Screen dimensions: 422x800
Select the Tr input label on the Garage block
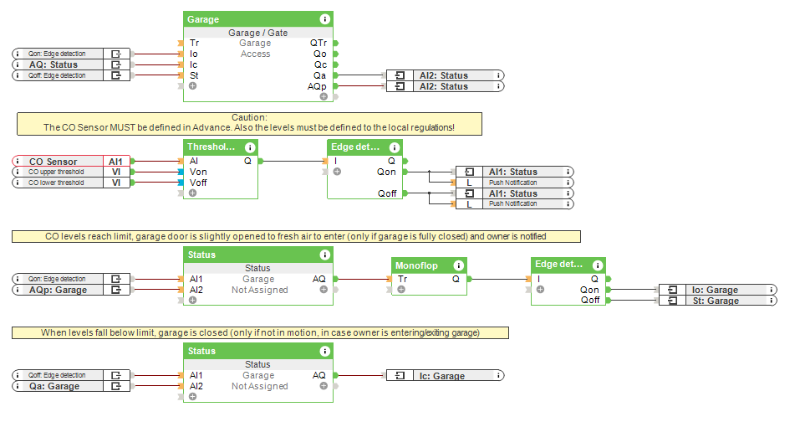click(x=194, y=43)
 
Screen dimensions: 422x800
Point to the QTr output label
click(x=318, y=43)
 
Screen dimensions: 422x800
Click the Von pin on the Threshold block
click(x=198, y=172)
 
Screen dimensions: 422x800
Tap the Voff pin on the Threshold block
click(x=198, y=183)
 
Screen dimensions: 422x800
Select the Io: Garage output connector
click(x=718, y=290)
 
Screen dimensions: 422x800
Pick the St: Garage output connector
click(x=718, y=301)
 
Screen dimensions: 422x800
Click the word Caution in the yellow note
click(x=249, y=118)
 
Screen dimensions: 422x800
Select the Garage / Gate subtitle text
click(x=257, y=33)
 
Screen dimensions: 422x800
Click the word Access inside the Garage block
click(x=256, y=54)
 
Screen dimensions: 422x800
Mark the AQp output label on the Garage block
click(x=317, y=86)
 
